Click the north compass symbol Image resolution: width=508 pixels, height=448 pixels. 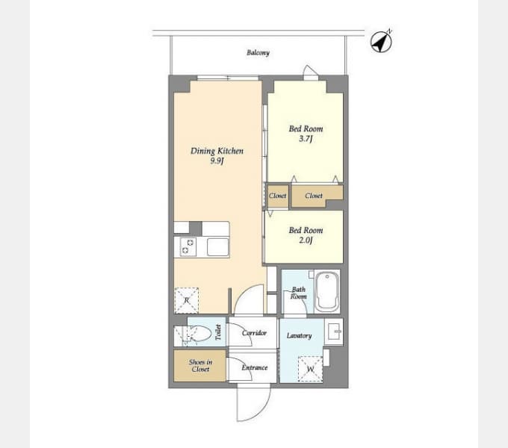click(x=382, y=42)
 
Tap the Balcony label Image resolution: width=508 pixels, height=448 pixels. click(x=258, y=53)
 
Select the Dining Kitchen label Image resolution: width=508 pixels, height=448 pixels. click(x=217, y=152)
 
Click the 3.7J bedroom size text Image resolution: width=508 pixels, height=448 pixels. click(x=306, y=139)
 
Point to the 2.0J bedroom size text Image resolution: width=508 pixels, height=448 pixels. click(x=306, y=240)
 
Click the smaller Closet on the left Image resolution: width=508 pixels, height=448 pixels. click(x=277, y=196)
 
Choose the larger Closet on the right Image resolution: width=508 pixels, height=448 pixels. click(x=315, y=196)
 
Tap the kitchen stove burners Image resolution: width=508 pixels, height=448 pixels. click(x=187, y=246)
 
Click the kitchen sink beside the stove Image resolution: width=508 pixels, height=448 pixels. click(x=217, y=246)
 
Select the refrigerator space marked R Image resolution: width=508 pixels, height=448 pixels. click(x=187, y=299)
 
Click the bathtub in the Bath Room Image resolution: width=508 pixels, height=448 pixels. click(x=327, y=292)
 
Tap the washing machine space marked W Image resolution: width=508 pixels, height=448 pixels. click(x=311, y=368)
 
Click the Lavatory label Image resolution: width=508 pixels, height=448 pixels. click(x=299, y=336)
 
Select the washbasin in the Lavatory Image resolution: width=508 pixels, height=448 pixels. click(x=333, y=329)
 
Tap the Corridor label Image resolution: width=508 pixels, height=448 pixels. click(x=254, y=333)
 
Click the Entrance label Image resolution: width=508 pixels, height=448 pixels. click(x=254, y=367)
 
